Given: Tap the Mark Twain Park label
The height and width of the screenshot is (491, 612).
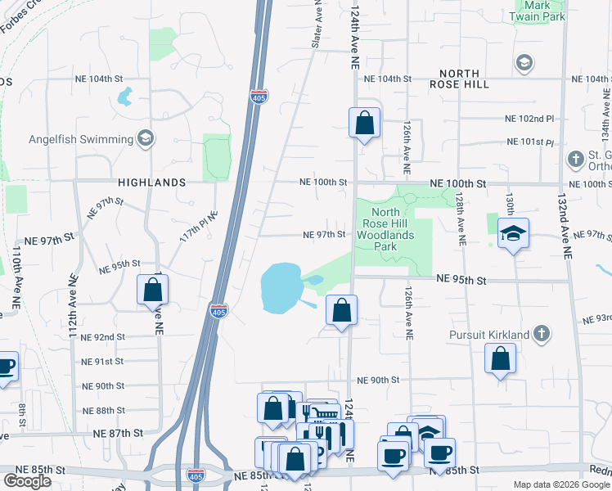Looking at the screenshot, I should pyautogui.click(x=539, y=10).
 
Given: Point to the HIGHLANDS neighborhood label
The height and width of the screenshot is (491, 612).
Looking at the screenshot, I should pyautogui.click(x=151, y=182).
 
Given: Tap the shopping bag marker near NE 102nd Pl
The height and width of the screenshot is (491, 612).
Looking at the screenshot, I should pyautogui.click(x=364, y=124).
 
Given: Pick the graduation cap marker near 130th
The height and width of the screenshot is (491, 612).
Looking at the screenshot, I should pyautogui.click(x=513, y=234).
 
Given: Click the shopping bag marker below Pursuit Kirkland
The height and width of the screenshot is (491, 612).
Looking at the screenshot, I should pyautogui.click(x=500, y=358).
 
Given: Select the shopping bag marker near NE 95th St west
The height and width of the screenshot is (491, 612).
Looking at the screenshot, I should pyautogui.click(x=153, y=289).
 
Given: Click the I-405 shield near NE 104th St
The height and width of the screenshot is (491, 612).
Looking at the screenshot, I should pyautogui.click(x=259, y=97).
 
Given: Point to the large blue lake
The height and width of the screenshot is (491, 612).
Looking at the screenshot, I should pyautogui.click(x=280, y=288).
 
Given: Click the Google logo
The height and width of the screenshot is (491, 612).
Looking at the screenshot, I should pyautogui.click(x=27, y=480).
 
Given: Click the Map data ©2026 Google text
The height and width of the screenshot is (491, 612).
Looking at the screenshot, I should pyautogui.click(x=560, y=484).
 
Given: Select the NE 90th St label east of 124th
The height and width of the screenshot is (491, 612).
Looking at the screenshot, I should pyautogui.click(x=378, y=381).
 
